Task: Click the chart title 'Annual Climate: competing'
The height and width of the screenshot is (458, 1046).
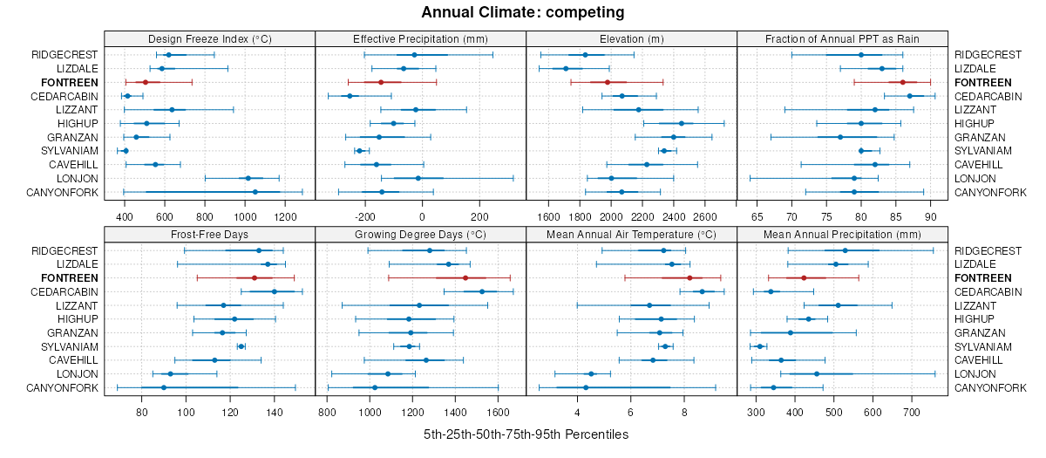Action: coord(523,12)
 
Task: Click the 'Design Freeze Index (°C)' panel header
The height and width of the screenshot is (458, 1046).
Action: coord(209,38)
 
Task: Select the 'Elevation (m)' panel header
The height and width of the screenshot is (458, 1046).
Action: coord(632,38)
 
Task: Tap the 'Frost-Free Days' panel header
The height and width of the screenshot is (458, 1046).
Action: coord(209,235)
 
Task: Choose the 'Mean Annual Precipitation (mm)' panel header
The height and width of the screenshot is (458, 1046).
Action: coord(842,235)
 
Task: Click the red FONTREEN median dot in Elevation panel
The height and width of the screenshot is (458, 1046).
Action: coord(607,82)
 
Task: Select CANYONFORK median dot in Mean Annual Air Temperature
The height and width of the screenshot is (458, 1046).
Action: coord(586,387)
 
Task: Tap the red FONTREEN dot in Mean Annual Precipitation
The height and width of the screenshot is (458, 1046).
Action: coord(804,277)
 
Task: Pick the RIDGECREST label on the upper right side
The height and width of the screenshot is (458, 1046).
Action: coord(988,54)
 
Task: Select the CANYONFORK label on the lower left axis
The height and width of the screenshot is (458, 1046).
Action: coord(61,387)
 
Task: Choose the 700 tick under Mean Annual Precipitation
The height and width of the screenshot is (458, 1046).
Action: coord(912,412)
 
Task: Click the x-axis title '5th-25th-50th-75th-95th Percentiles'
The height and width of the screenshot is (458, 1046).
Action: coord(526,434)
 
